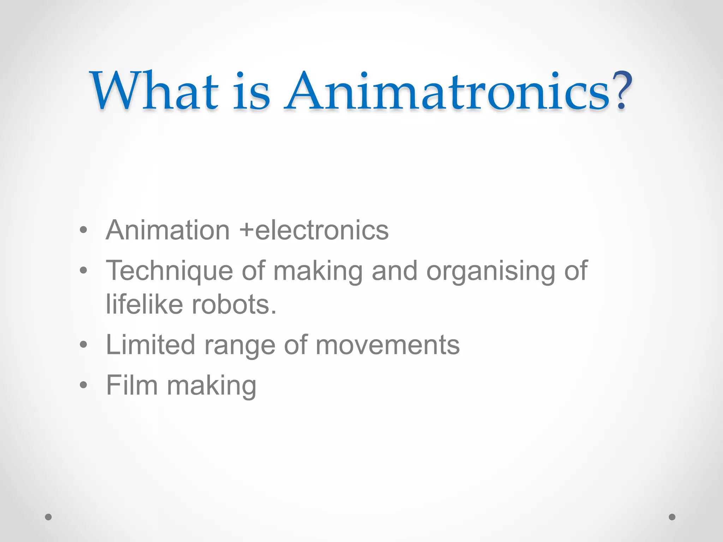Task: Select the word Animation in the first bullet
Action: (x=168, y=230)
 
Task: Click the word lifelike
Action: (x=144, y=304)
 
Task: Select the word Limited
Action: (x=150, y=345)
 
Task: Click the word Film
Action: (x=132, y=385)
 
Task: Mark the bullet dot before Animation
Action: (x=83, y=230)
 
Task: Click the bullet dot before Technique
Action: (x=83, y=271)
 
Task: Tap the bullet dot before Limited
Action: (x=83, y=344)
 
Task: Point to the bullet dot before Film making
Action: (x=83, y=385)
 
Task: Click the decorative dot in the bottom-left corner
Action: (x=48, y=517)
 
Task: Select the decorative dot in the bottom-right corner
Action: (x=672, y=517)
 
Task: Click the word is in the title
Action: (x=252, y=91)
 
